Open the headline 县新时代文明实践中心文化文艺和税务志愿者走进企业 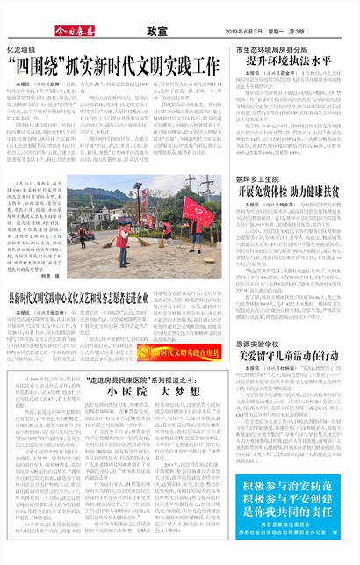(115, 299)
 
